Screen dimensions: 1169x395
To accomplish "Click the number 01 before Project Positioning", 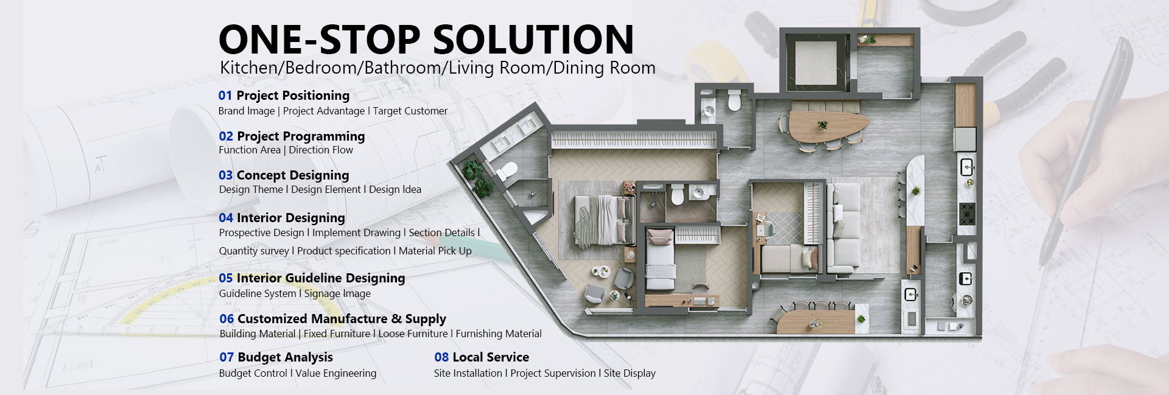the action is click(x=225, y=96).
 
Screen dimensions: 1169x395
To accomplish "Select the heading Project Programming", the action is click(x=301, y=136).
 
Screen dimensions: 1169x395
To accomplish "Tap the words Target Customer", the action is click(x=410, y=111).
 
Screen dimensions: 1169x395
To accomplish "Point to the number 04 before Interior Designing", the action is click(x=226, y=218).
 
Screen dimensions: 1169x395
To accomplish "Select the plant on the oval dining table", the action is click(x=823, y=125).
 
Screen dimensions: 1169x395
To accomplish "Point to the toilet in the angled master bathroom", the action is click(x=507, y=170).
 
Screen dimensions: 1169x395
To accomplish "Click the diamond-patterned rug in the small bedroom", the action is click(x=784, y=228).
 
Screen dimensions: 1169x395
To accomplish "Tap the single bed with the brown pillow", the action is click(x=660, y=256).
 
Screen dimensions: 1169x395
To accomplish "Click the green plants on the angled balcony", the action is click(x=477, y=177).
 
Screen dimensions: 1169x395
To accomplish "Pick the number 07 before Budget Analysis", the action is click(x=226, y=357).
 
